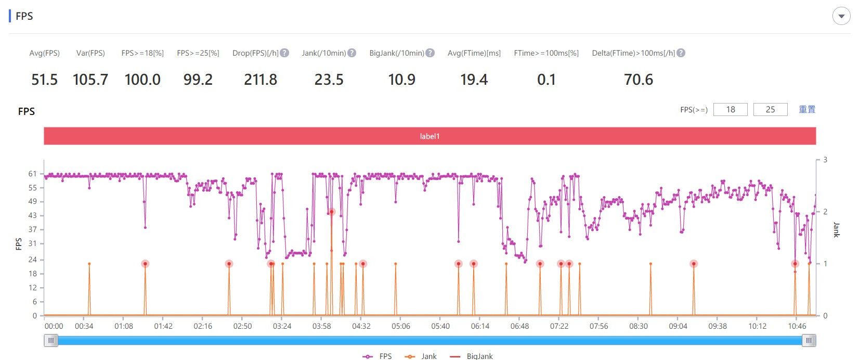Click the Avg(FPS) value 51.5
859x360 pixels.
tap(44, 80)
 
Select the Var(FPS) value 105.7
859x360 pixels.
tap(90, 80)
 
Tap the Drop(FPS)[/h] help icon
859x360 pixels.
tap(284, 53)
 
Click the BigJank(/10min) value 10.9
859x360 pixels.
tap(401, 80)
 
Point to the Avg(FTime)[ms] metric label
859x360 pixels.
tap(474, 53)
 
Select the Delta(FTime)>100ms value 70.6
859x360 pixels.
tap(638, 80)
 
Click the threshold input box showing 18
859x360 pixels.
tap(730, 109)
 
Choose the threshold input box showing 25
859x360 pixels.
tap(770, 109)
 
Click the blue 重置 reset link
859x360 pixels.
tap(807, 109)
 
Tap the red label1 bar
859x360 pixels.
tap(430, 136)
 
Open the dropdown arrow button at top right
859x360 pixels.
tap(841, 16)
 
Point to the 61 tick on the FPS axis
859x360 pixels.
tap(33, 174)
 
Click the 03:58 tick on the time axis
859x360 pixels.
tap(321, 326)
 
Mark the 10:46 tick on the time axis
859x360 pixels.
tap(797, 326)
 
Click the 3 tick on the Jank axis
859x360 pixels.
tap(825, 160)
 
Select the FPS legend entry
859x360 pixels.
tap(378, 356)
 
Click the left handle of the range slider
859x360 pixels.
tap(51, 340)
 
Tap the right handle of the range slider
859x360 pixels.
tap(809, 340)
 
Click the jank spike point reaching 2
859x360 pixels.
tap(331, 212)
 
